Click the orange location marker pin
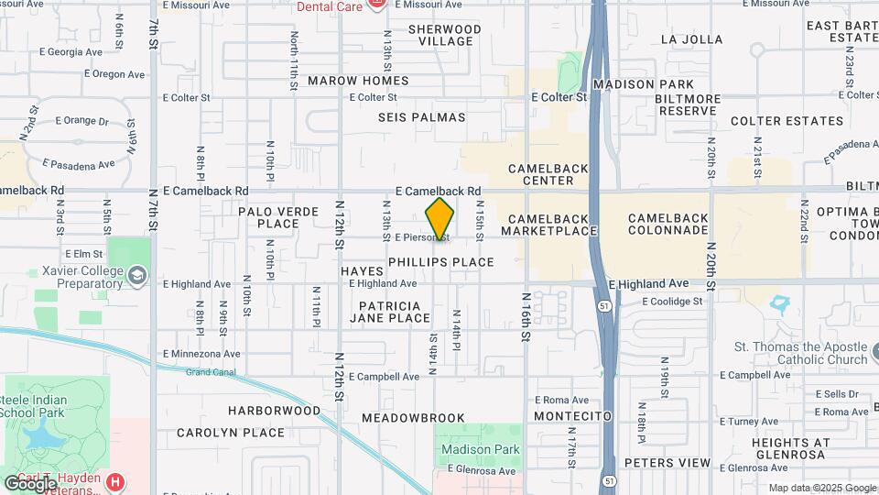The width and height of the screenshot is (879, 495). [x=439, y=219]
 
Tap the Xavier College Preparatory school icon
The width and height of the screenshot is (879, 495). [x=136, y=274]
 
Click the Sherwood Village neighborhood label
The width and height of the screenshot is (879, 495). [x=444, y=36]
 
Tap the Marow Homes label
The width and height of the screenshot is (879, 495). [x=358, y=81]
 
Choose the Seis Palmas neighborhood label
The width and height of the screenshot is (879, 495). [x=421, y=117]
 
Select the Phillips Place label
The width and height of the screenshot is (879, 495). [x=441, y=262]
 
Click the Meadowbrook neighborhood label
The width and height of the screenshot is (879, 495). [x=413, y=418]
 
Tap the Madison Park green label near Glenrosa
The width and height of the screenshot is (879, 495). [x=480, y=449]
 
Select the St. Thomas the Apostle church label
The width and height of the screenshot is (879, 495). [x=800, y=353]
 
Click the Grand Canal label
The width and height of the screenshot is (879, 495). [x=211, y=373]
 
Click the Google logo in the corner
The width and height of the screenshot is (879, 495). [x=29, y=483]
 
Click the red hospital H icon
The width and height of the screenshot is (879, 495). [x=115, y=481]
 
